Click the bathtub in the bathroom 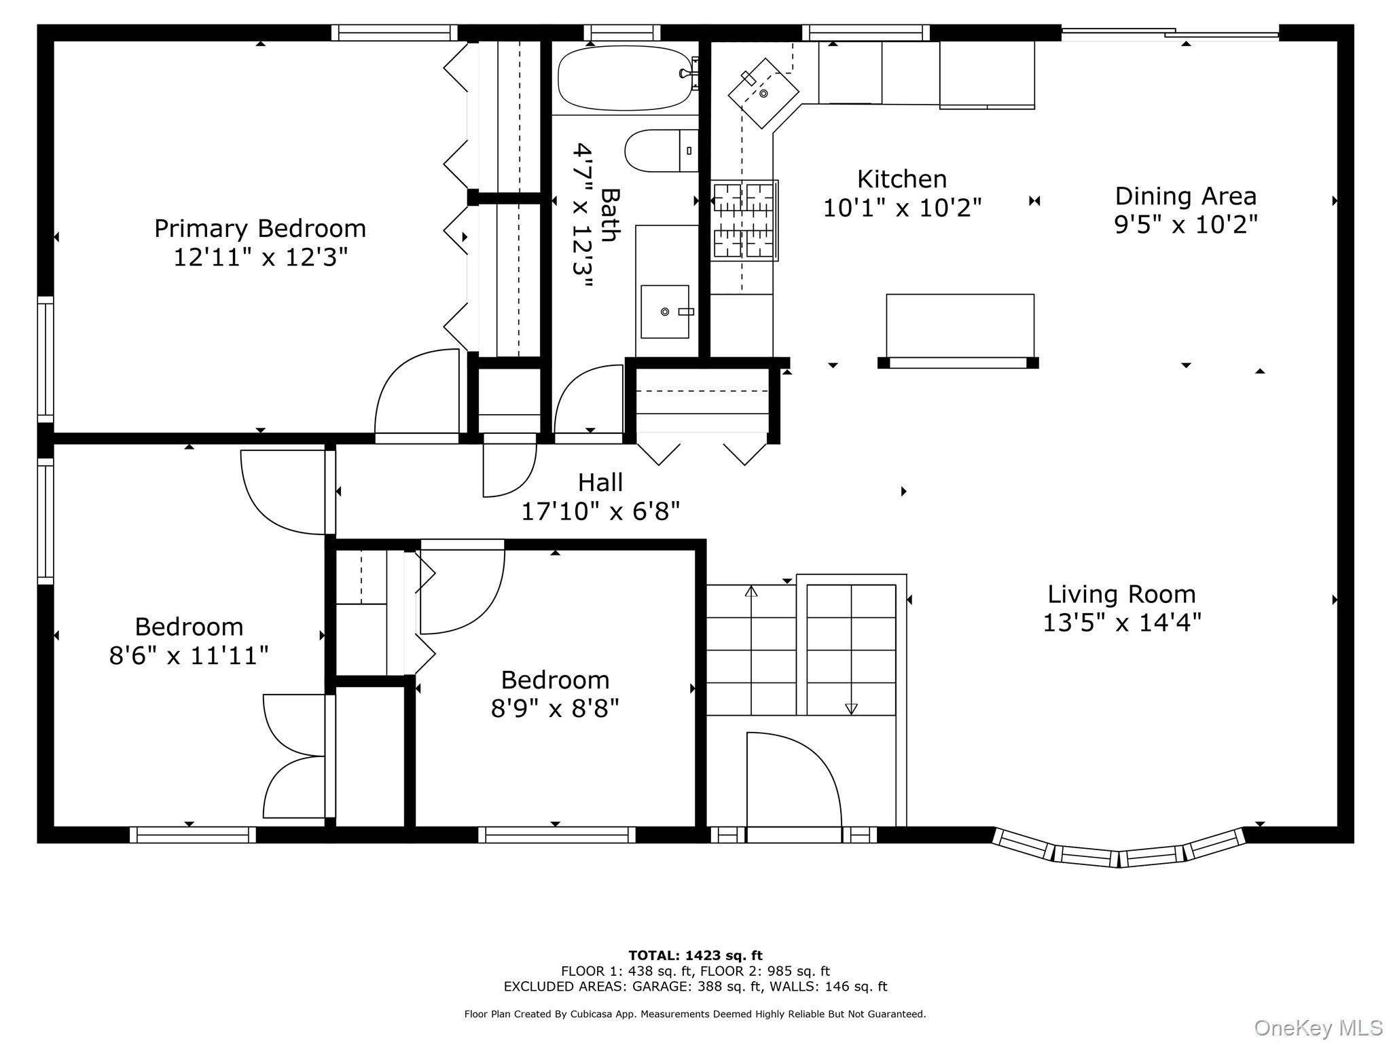point(625,78)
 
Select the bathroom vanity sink point(665,312)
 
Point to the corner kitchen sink point(763,93)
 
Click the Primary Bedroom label point(260,228)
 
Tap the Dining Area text point(1186,196)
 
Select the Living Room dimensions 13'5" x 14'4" point(1122,622)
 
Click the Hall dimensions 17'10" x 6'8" point(600,511)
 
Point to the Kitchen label point(902,179)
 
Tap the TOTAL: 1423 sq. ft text point(695,955)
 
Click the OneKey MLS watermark point(1318,1028)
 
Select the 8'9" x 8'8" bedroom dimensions point(555,709)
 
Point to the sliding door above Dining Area point(1170,32)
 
